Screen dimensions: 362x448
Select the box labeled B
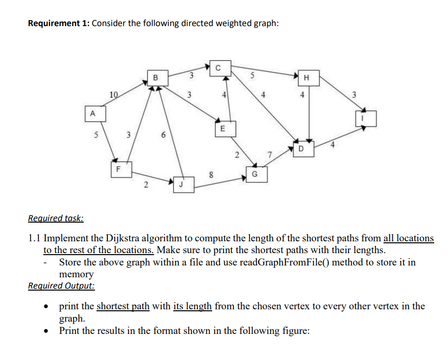click(156, 77)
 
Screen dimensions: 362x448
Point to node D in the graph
click(301, 148)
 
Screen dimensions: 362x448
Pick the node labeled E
click(222, 129)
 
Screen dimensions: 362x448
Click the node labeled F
click(117, 168)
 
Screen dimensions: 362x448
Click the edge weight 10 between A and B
click(114, 94)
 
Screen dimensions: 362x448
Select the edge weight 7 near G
click(269, 156)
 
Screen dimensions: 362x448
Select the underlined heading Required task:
click(56, 218)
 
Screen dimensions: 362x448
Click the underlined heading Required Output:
click(62, 286)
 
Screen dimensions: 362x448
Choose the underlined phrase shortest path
click(123, 306)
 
